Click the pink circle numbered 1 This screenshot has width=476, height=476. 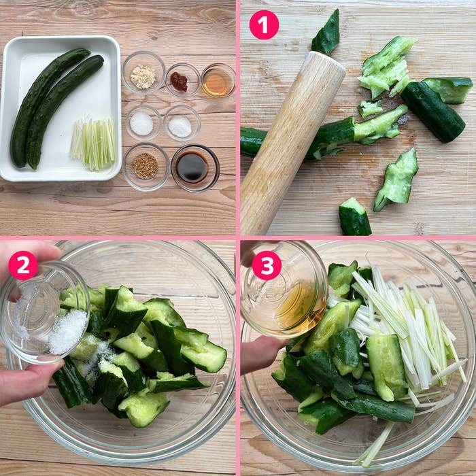[264, 24]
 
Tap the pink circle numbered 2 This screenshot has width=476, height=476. [23, 265]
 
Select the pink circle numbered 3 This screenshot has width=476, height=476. [267, 265]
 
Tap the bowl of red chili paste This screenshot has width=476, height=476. [180, 81]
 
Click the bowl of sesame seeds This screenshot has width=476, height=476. [145, 166]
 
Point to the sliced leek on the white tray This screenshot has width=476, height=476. [93, 143]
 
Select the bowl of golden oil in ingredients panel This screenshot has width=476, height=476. [218, 80]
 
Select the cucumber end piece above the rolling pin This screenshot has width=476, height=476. [327, 33]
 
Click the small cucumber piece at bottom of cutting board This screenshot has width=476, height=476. [354, 218]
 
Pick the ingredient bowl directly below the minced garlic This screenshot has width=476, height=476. [142, 123]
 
